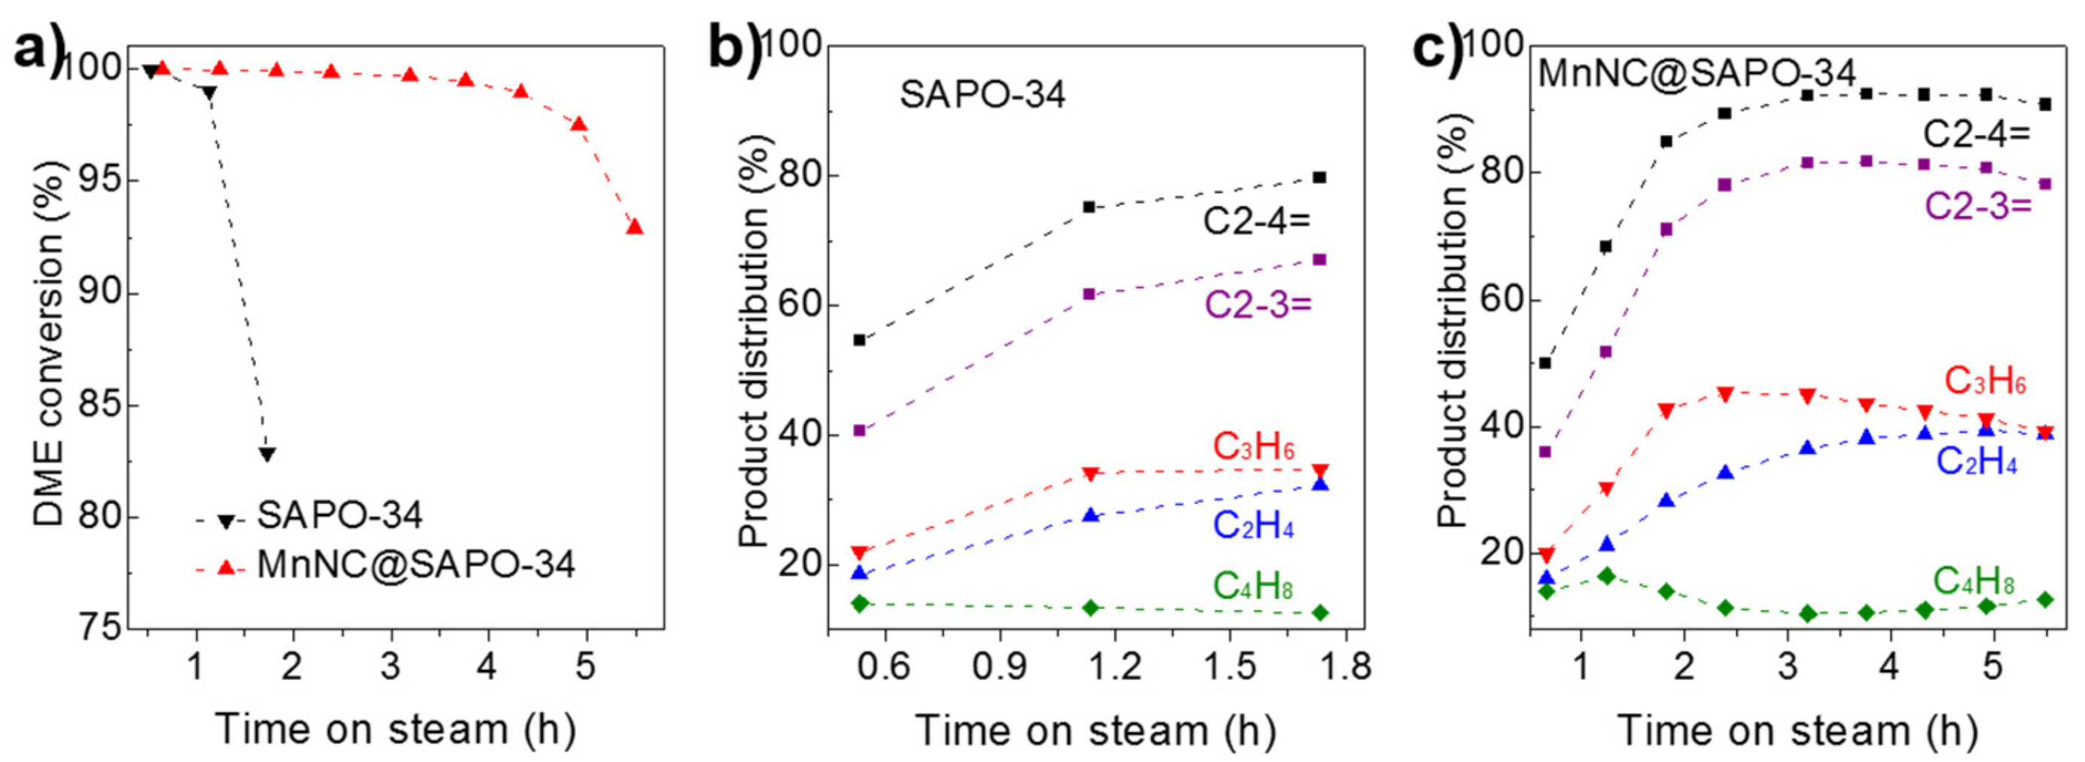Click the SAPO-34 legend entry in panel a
click(339, 516)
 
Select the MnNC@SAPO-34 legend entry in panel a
click(415, 565)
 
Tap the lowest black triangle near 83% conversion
click(267, 454)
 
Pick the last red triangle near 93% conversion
click(635, 227)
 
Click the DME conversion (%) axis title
click(48, 340)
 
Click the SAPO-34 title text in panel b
click(982, 95)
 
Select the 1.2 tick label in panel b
click(1115, 667)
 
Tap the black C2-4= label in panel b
click(1256, 220)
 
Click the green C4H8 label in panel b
click(1253, 586)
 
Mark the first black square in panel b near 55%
click(860, 340)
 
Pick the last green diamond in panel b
click(1320, 613)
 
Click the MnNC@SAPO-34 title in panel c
click(1696, 74)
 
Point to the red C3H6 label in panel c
click(1985, 381)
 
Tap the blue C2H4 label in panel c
click(1976, 462)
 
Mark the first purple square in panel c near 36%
click(1544, 452)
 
